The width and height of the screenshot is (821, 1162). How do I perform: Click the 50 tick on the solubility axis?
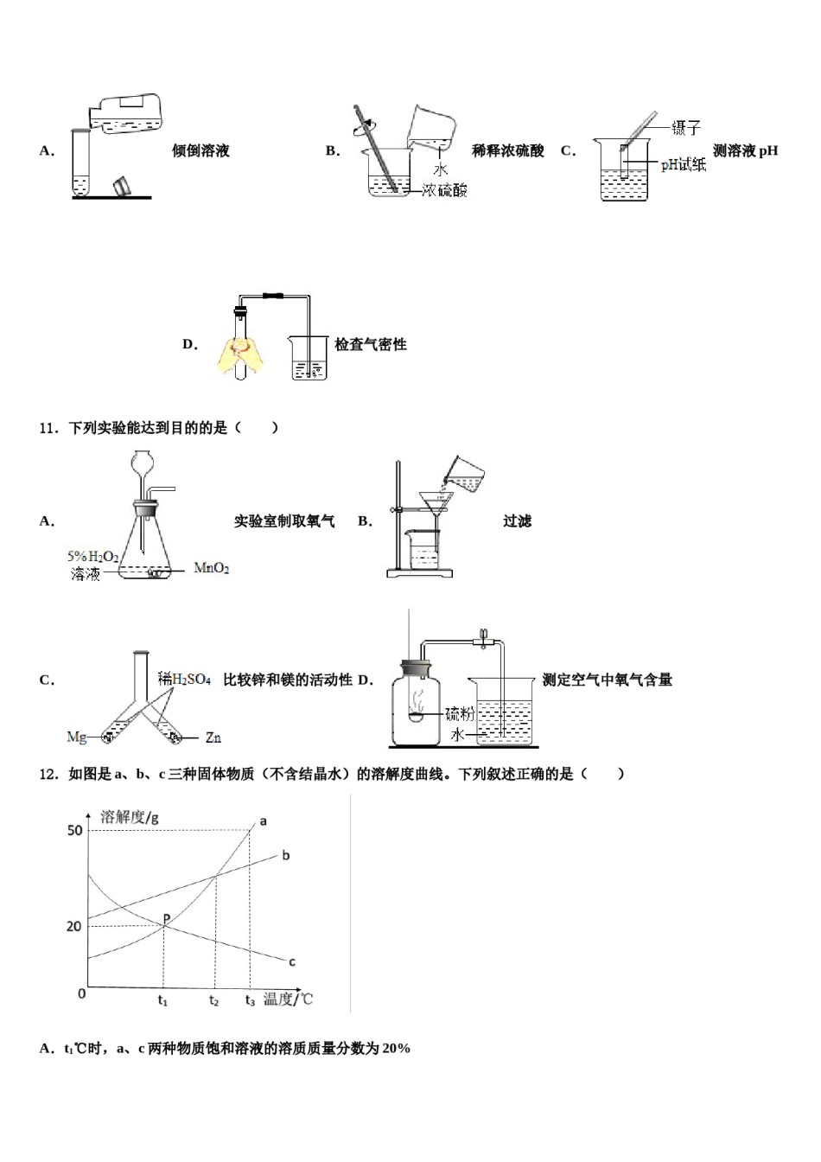click(75, 830)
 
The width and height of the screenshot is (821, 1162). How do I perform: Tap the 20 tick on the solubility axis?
click(74, 926)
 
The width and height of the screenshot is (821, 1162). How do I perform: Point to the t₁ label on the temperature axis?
click(162, 1000)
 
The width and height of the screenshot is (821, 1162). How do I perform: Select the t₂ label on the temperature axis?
click(214, 1000)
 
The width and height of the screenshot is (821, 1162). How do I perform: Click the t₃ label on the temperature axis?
click(250, 1000)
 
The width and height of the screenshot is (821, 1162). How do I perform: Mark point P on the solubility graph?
click(164, 920)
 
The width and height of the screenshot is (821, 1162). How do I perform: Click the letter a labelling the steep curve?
click(263, 820)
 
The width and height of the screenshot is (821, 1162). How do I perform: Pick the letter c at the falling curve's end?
click(292, 961)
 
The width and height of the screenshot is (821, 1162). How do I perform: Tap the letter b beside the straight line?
click(286, 855)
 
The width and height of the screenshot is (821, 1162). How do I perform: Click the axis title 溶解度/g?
click(130, 816)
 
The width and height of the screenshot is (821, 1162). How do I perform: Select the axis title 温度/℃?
click(288, 999)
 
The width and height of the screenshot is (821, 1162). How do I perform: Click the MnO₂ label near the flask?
click(212, 568)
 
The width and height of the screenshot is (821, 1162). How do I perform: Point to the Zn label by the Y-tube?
click(213, 737)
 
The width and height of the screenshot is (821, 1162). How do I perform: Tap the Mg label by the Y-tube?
click(77, 737)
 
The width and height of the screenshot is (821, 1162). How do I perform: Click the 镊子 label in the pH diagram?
click(685, 128)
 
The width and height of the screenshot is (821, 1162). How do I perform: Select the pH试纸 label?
click(683, 164)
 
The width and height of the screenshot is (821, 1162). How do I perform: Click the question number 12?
click(48, 774)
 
